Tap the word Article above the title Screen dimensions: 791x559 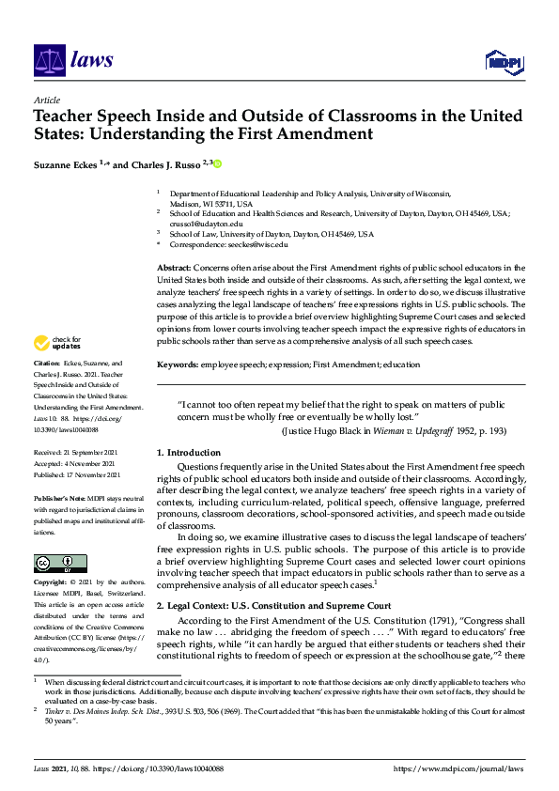pos(46,100)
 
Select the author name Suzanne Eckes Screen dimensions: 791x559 pos(65,165)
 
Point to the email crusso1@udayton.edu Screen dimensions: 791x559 pos(198,224)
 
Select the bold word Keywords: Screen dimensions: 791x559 pos(179,363)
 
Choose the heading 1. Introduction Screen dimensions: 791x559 pos(189,453)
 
